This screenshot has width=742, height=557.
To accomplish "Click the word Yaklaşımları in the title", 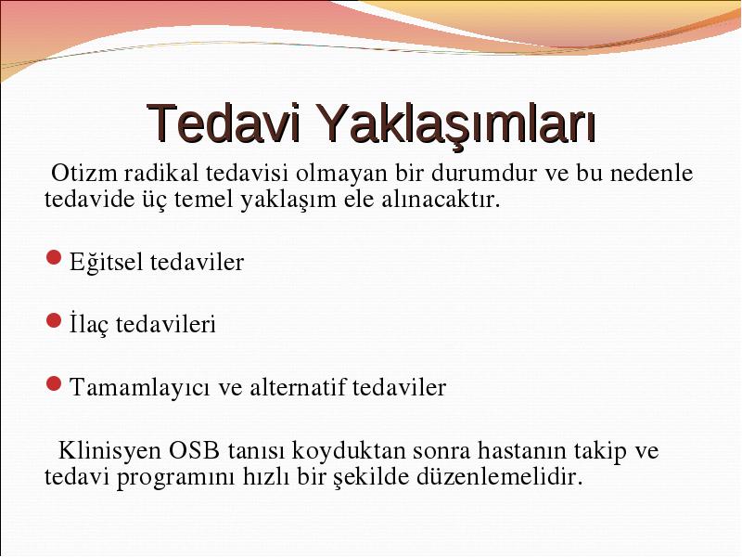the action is click(x=454, y=124).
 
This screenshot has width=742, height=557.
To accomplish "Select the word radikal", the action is click(x=161, y=174).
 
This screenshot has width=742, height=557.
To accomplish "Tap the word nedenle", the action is click(x=652, y=174).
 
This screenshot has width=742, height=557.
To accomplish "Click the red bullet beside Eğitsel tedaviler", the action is click(x=54, y=258).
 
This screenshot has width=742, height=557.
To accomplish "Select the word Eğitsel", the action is click(x=106, y=262).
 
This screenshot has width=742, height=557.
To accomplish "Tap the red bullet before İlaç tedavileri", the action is click(x=54, y=320).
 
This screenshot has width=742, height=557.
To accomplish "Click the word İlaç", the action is click(x=89, y=324).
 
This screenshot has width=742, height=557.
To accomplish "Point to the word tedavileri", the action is click(x=166, y=324).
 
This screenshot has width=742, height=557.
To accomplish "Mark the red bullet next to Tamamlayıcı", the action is click(x=54, y=383).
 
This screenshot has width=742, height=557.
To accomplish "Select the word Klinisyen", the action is click(x=109, y=450).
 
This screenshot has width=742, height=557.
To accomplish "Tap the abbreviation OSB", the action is click(x=194, y=450).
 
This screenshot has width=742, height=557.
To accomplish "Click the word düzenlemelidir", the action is click(x=499, y=476).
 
